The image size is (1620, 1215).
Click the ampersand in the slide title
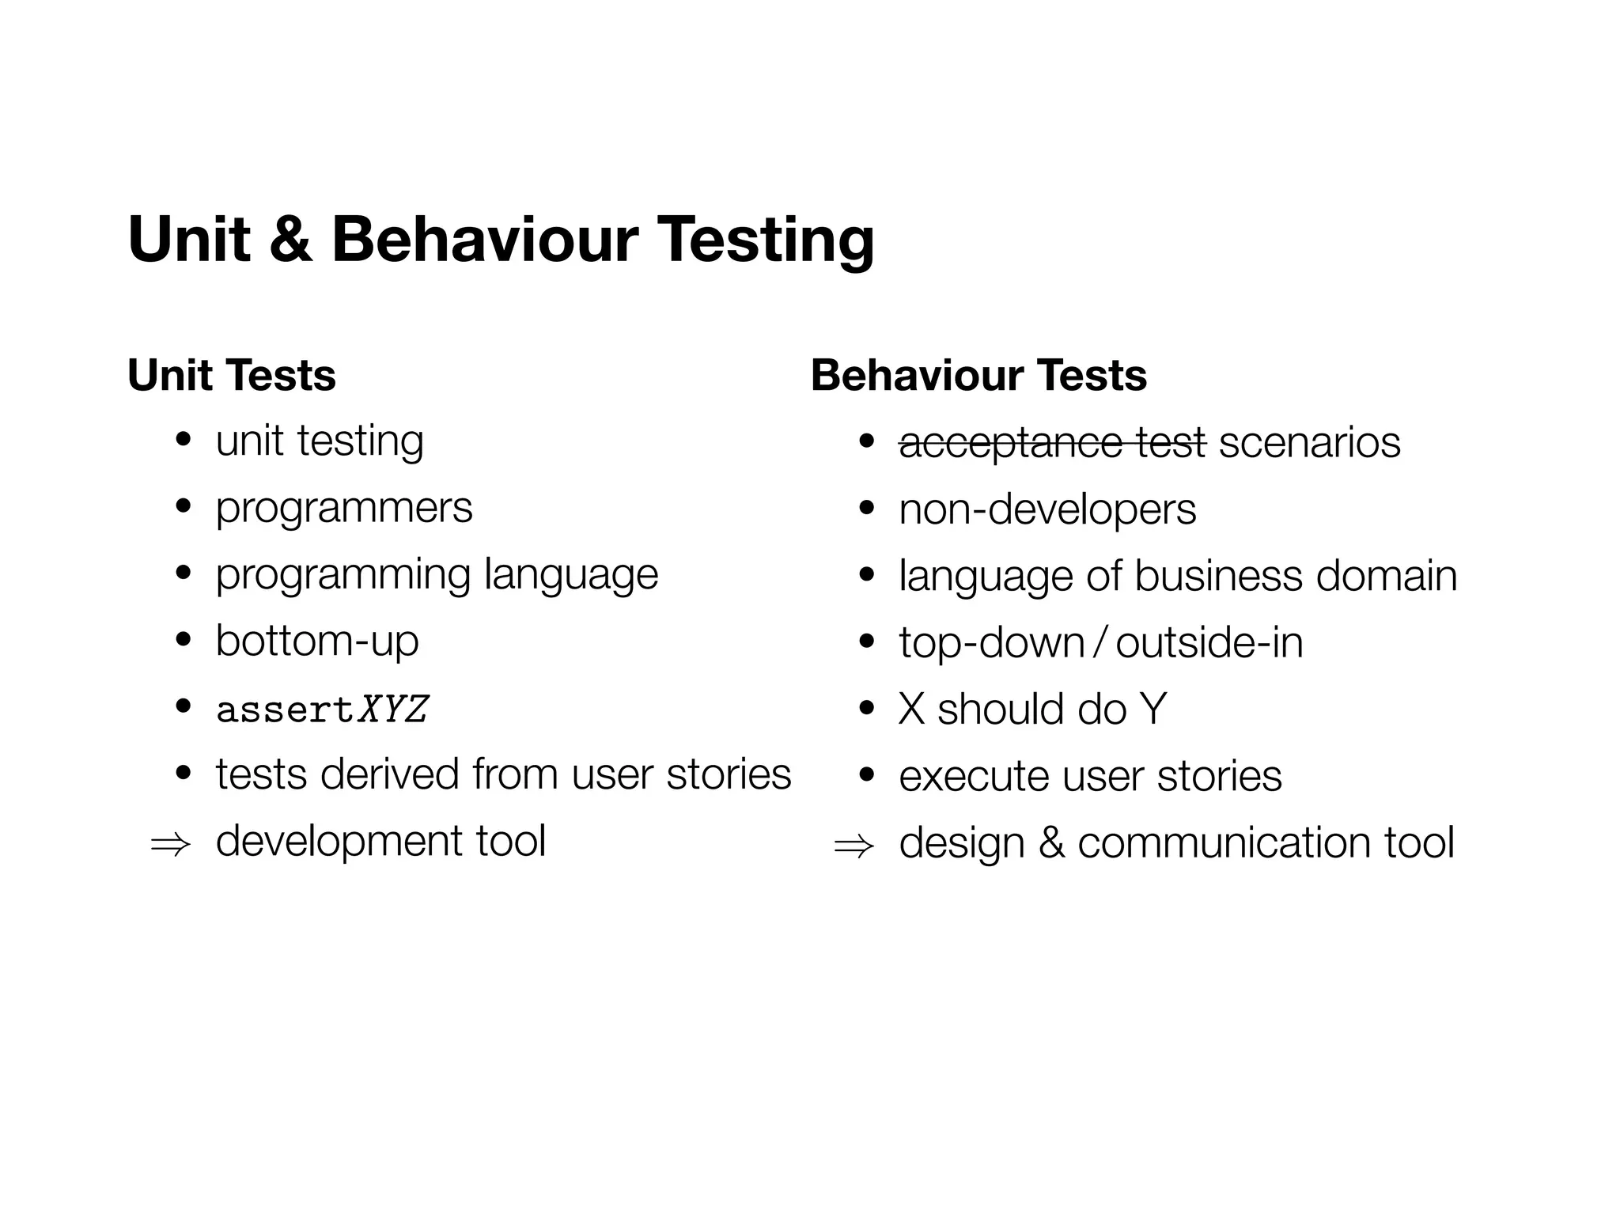pos(290,240)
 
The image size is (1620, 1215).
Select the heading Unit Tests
pos(232,375)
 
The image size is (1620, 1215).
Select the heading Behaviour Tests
pos(978,375)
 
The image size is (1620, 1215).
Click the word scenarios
pos(1309,443)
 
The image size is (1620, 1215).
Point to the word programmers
pos(344,508)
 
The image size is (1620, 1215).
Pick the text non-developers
pos(1047,509)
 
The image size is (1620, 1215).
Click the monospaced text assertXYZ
pos(322,709)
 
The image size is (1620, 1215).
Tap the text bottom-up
pos(317,641)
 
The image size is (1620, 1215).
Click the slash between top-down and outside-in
pos(1100,642)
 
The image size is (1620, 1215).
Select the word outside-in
pos(1209,642)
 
